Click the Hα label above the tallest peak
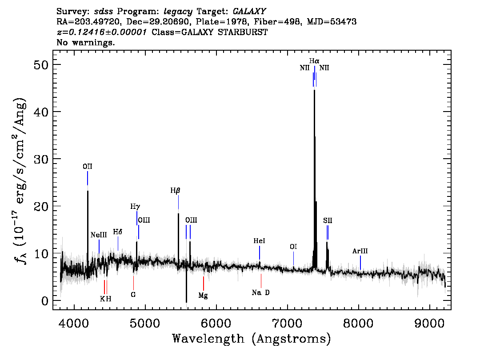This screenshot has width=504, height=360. (x=314, y=61)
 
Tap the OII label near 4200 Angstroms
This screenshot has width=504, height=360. (x=88, y=167)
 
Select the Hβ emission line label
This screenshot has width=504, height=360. (x=175, y=191)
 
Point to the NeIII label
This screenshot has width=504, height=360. (x=99, y=235)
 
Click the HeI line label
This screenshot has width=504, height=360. (x=260, y=241)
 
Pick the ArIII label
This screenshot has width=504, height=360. (x=360, y=251)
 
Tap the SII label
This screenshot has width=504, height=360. (x=328, y=220)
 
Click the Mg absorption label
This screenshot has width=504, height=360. (x=203, y=296)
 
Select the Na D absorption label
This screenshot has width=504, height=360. (x=261, y=292)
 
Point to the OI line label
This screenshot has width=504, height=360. (x=293, y=247)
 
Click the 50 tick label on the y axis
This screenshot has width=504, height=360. (x=41, y=64)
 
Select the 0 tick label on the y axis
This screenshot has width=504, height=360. (x=45, y=301)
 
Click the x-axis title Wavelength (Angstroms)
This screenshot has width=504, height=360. (x=252, y=339)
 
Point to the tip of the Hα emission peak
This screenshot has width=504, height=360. (x=314, y=90)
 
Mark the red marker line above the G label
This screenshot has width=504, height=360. (x=133, y=283)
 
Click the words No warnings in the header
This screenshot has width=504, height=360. (x=85, y=42)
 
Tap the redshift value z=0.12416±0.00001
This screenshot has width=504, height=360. (x=102, y=32)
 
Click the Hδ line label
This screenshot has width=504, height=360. (x=118, y=232)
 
